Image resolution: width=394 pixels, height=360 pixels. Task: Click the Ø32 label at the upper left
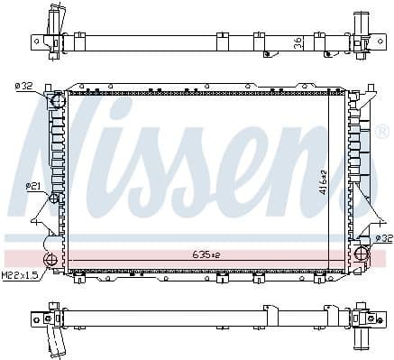(23, 87)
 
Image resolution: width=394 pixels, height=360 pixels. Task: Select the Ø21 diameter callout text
(32, 186)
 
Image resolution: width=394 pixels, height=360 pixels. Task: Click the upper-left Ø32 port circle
(60, 99)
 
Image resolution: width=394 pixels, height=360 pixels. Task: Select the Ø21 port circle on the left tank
(55, 198)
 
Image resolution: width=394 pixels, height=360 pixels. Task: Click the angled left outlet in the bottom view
(57, 344)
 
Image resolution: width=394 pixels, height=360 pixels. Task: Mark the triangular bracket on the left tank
(41, 217)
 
